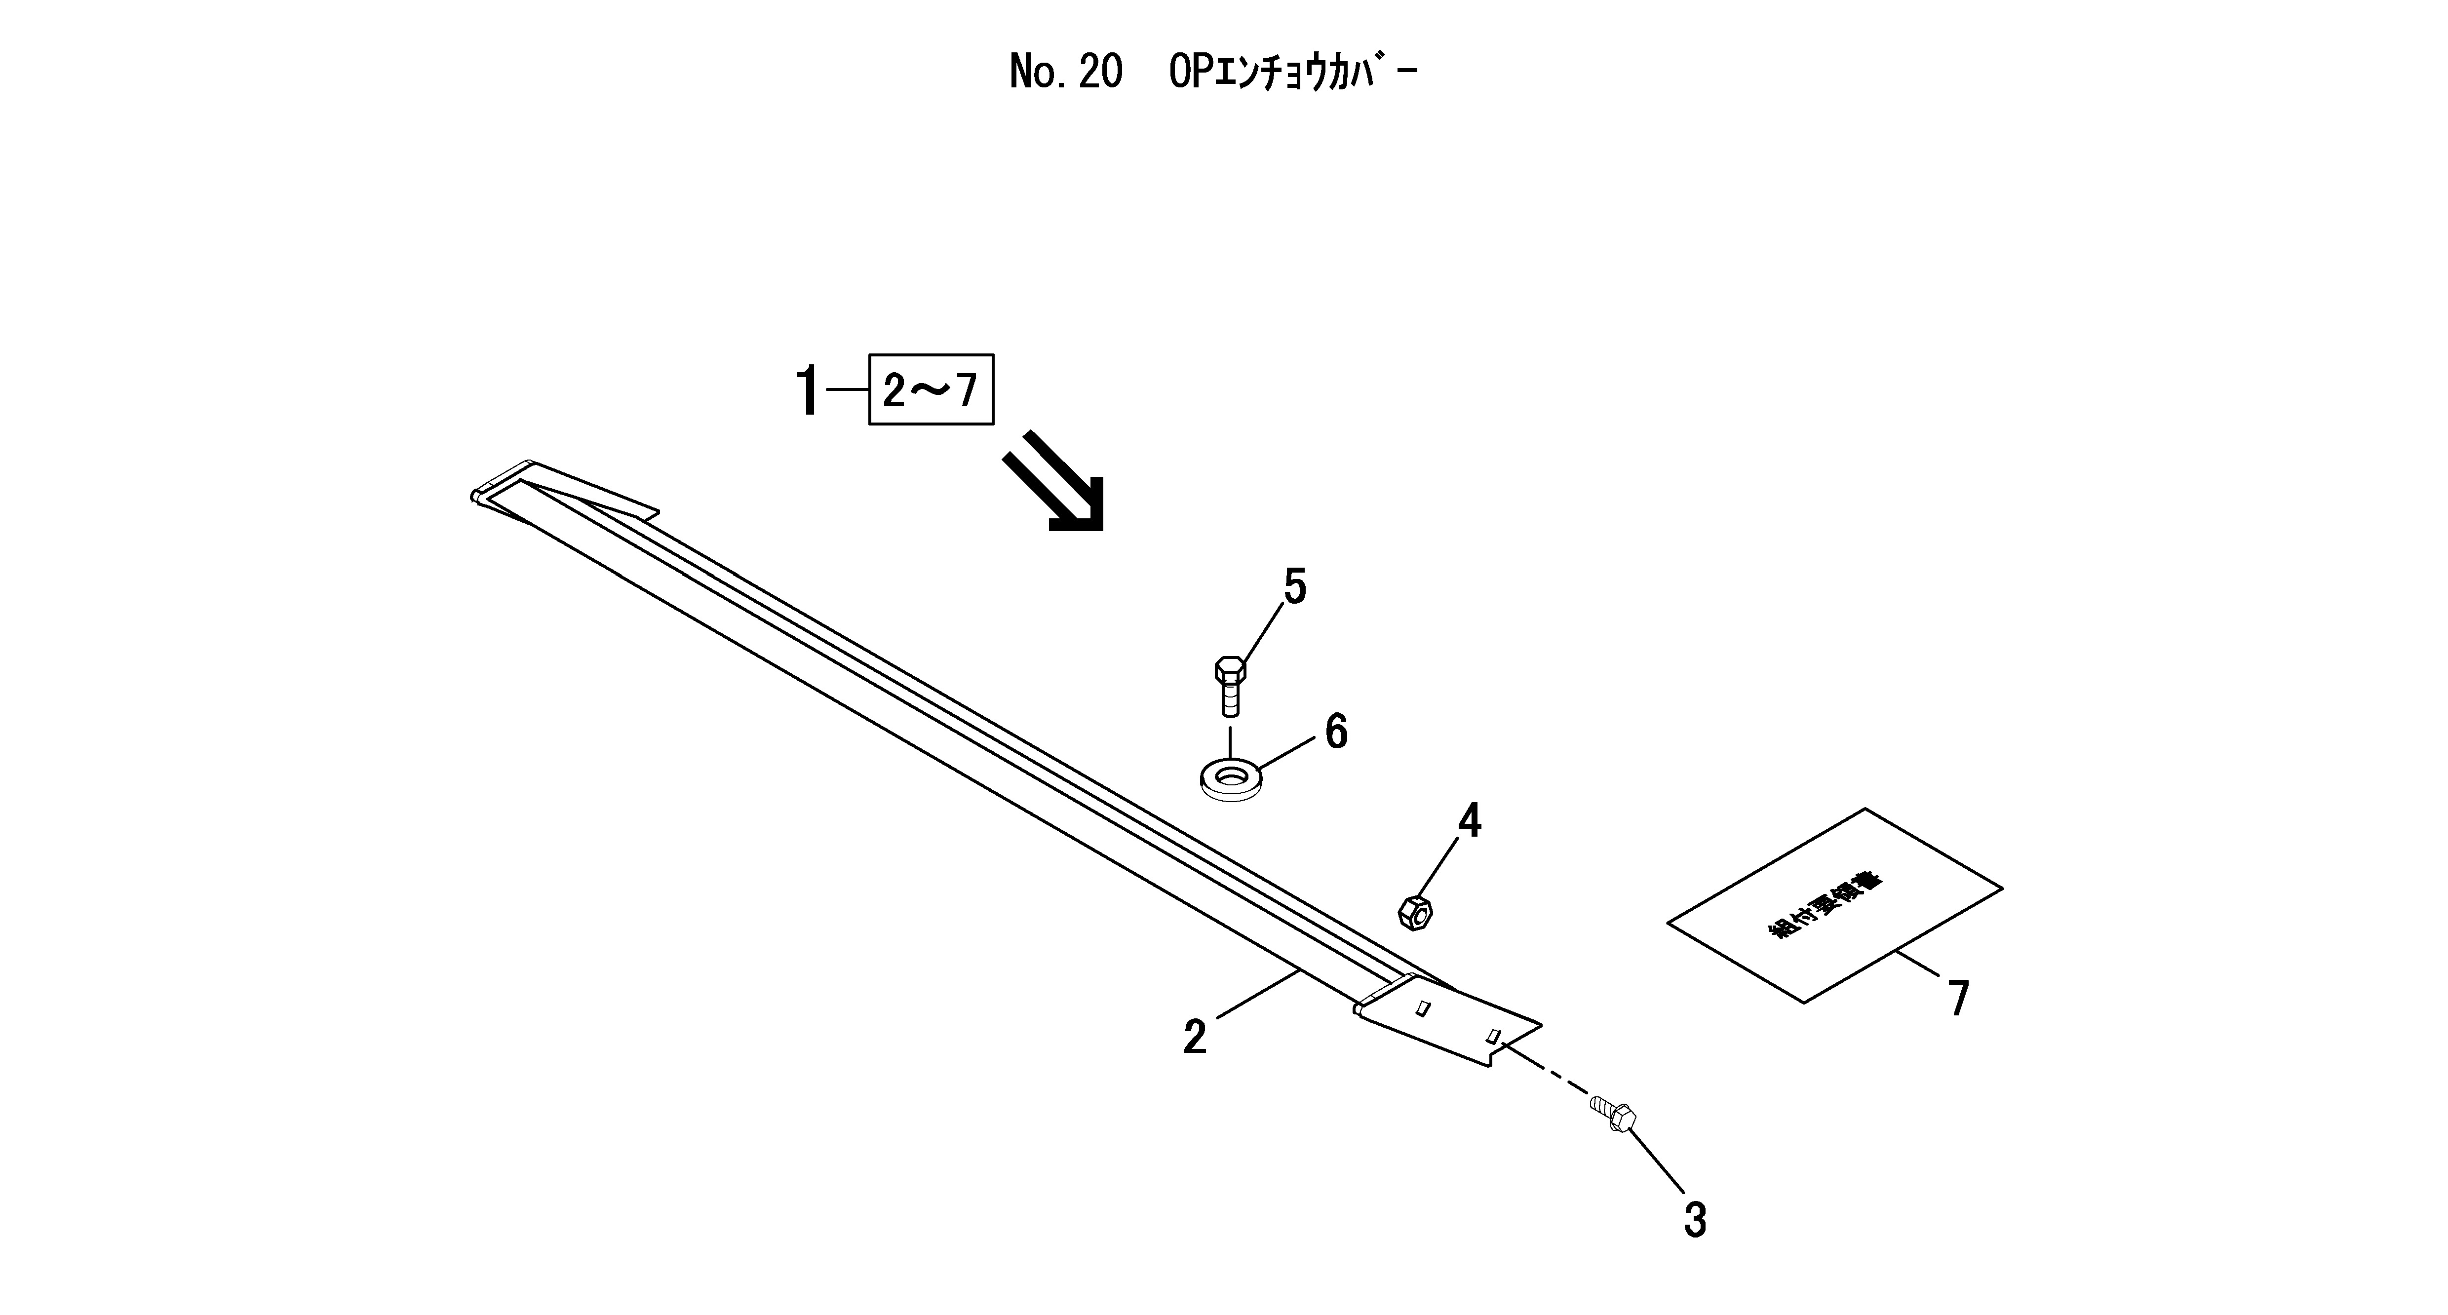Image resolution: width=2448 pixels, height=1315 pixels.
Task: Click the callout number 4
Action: (1469, 821)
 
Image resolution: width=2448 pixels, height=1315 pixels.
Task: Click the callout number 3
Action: (1694, 1221)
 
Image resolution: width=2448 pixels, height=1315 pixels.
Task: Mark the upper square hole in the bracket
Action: (1423, 1008)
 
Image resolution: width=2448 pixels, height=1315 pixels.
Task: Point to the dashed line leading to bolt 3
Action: (1544, 1070)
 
